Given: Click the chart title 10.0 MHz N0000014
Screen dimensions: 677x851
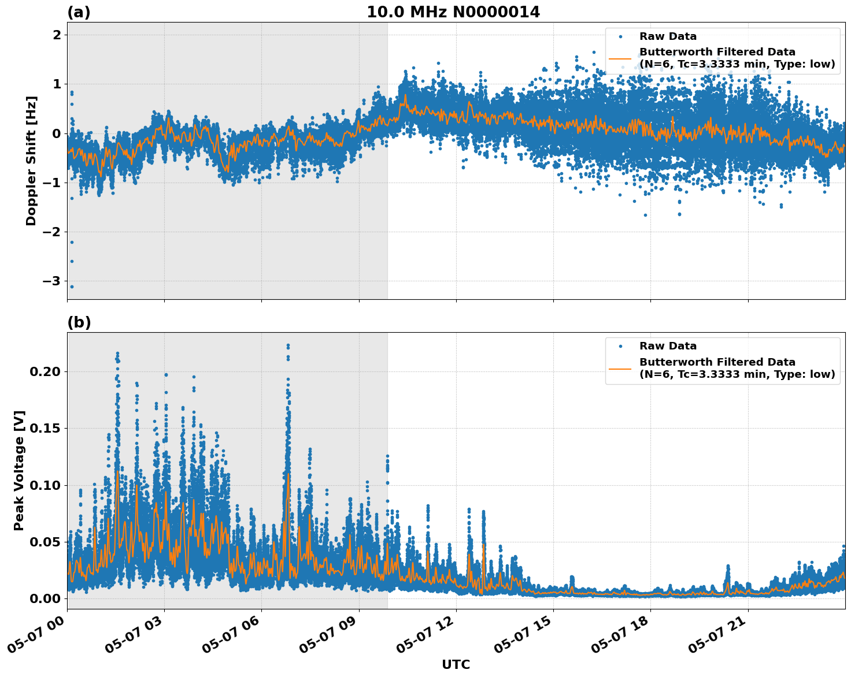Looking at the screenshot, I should click(453, 12).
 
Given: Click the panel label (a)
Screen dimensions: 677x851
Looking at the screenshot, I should click(79, 12).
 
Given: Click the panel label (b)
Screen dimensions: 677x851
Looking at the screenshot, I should click(79, 322).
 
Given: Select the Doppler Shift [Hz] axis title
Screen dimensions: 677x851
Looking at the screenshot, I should click(31, 161).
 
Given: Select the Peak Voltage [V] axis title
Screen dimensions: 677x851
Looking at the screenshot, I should click(19, 470).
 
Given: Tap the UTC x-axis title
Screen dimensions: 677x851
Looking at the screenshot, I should click(456, 664).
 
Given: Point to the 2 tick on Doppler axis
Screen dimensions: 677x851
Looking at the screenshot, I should click(57, 35).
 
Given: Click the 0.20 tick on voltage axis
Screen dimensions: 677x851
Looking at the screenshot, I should click(45, 371).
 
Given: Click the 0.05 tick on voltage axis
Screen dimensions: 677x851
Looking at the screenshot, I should click(45, 542).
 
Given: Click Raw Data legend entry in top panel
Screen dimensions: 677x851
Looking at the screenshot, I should click(668, 36).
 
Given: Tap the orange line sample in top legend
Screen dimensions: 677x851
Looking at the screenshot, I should click(620, 58).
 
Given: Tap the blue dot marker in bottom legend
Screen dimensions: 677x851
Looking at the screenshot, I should click(620, 346).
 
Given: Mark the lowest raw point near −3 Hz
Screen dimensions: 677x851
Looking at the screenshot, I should click(72, 287).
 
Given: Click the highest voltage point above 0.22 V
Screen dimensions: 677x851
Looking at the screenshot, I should click(288, 345).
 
